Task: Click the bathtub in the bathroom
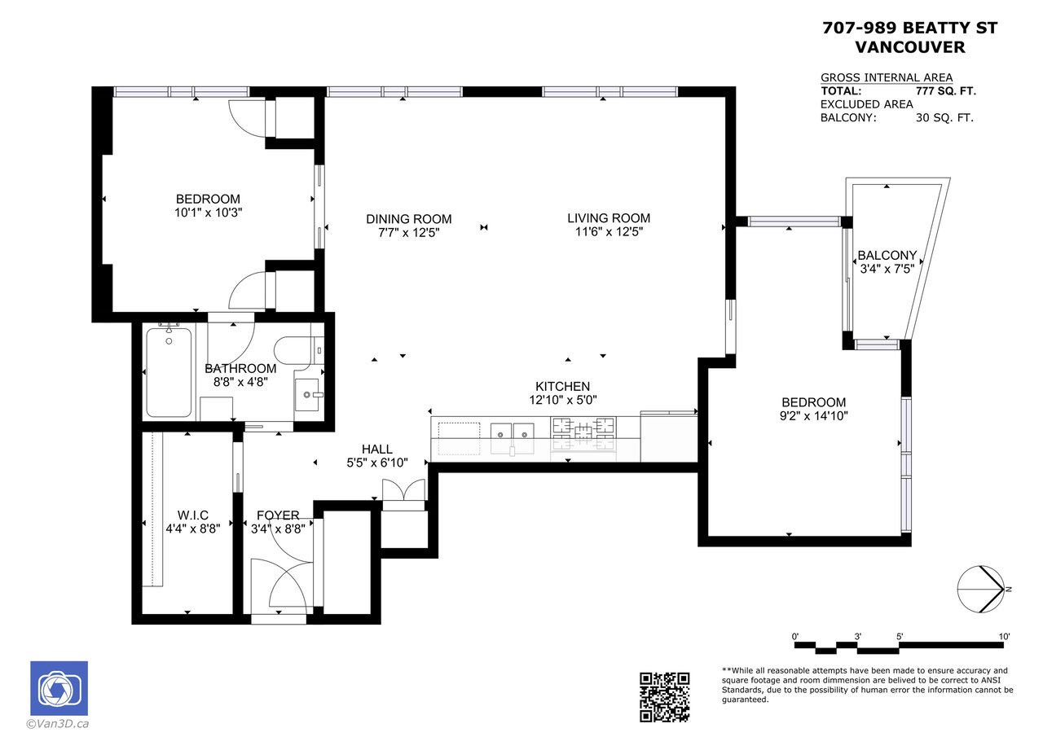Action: [x=169, y=372]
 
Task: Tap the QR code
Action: [x=665, y=697]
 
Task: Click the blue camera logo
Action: [x=59, y=688]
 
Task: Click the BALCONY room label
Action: [x=887, y=256]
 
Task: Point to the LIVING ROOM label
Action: [x=609, y=217]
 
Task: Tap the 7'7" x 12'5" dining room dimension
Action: [x=409, y=233]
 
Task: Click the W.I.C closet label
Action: [x=193, y=515]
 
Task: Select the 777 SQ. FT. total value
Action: [x=946, y=90]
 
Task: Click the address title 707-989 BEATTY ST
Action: [x=910, y=28]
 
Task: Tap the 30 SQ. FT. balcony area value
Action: [x=944, y=118]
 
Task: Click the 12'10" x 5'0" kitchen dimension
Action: [x=563, y=400]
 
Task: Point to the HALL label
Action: [x=377, y=449]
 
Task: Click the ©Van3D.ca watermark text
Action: [x=58, y=724]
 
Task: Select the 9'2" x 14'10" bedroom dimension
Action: [x=814, y=416]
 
